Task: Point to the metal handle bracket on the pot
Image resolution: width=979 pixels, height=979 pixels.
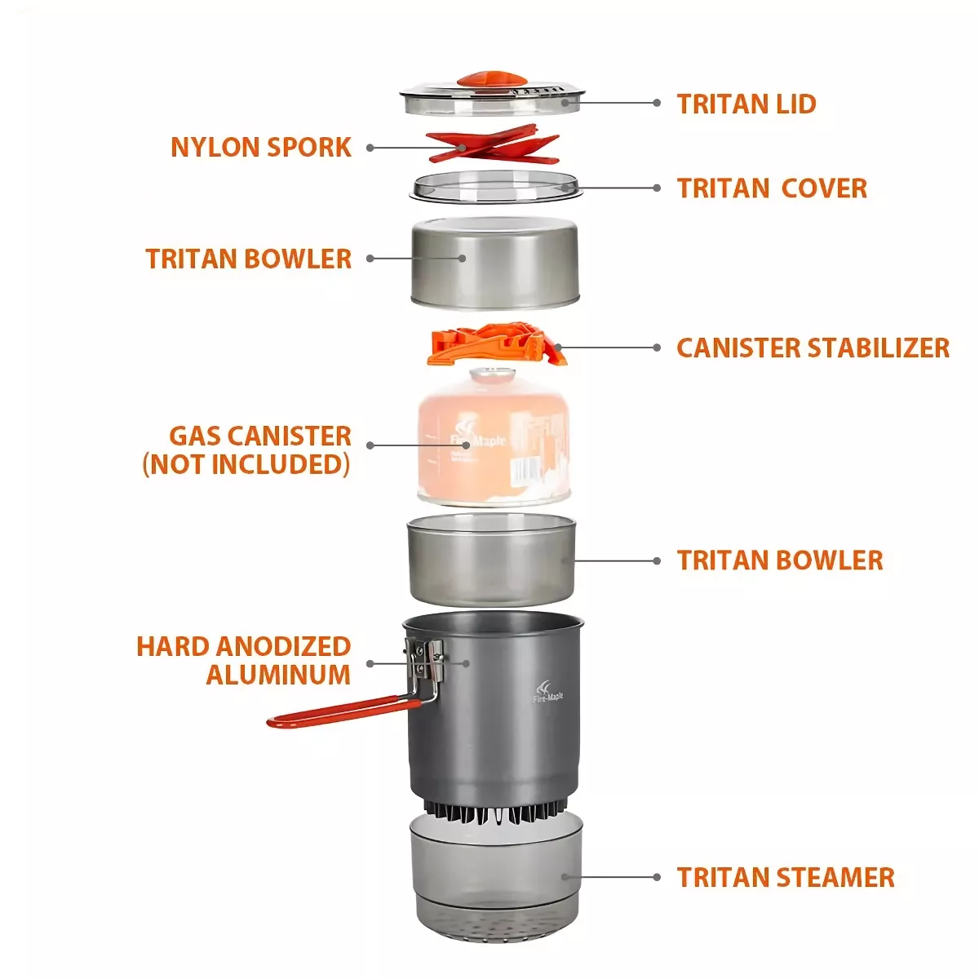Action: [425, 662]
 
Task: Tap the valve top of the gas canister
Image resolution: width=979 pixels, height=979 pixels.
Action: [489, 376]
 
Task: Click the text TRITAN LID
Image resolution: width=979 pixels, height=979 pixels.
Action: [746, 104]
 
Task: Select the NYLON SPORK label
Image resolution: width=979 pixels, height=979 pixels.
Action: [261, 147]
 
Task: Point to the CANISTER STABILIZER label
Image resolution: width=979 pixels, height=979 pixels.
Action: [813, 348]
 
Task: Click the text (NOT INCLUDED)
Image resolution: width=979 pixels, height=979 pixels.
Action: [246, 464]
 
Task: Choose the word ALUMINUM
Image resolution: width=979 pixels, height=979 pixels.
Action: [278, 675]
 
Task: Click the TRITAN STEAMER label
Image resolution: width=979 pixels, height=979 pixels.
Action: [785, 877]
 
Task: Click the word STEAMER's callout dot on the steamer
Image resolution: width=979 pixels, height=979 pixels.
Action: [564, 877]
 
